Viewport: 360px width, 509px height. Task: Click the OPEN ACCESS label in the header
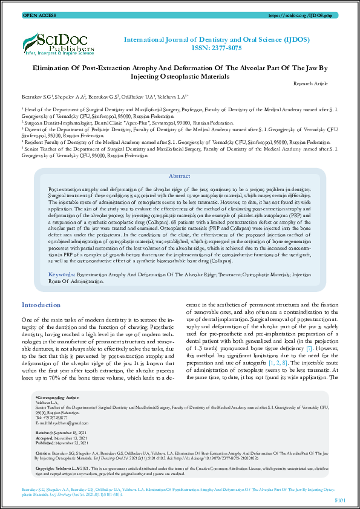(x=38, y=14)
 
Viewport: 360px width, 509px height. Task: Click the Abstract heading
(x=179, y=176)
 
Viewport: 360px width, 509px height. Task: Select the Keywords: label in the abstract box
(x=63, y=274)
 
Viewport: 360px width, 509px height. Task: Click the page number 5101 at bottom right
(x=339, y=499)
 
